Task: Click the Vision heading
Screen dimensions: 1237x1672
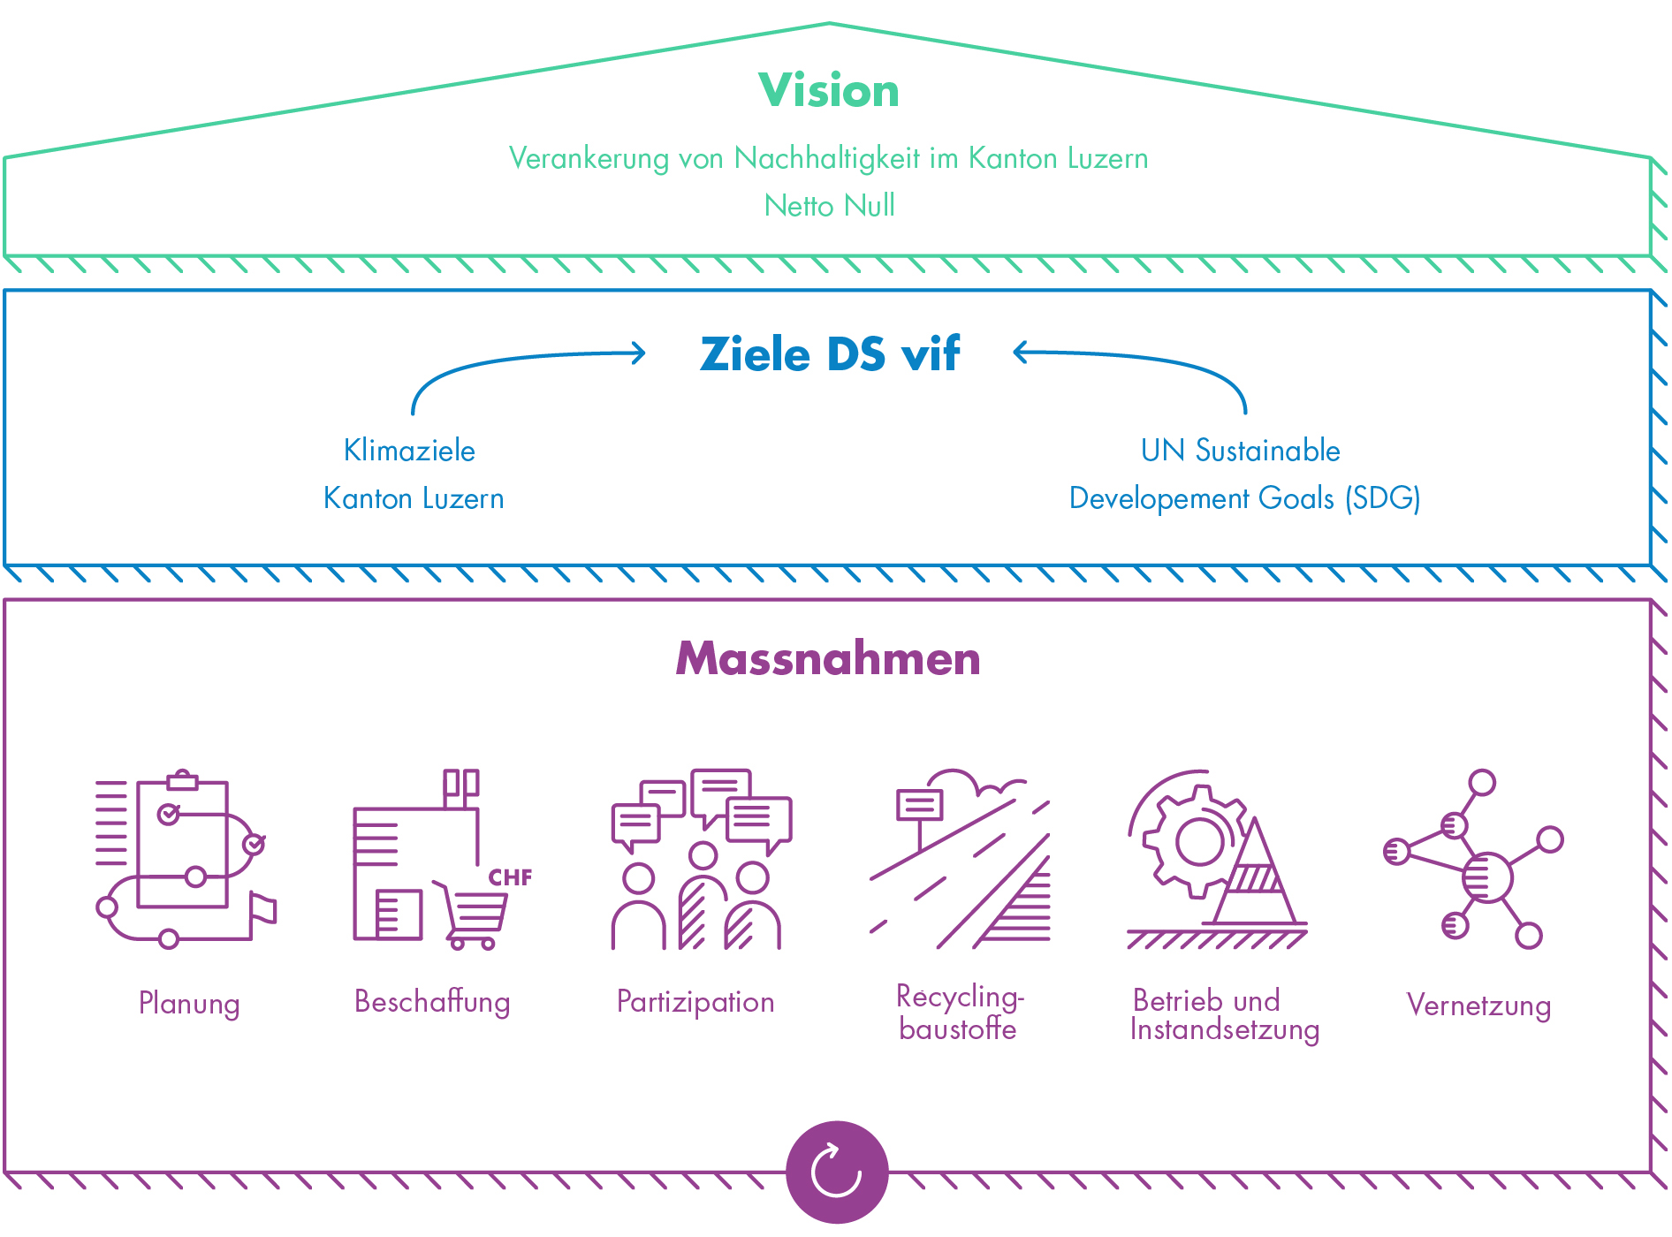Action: click(829, 90)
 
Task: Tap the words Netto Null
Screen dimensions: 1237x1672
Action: click(829, 206)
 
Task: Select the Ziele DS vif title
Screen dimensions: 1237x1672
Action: click(829, 354)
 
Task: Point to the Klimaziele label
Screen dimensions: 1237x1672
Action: click(409, 451)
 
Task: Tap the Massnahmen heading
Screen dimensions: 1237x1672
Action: click(828, 659)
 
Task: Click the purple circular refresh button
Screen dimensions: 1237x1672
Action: click(836, 1172)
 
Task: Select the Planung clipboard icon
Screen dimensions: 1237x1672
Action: click(182, 844)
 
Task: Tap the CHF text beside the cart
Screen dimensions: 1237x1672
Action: click(510, 877)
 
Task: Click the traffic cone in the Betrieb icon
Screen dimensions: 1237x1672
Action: click(1256, 879)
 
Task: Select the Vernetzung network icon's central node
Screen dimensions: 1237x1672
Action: click(1486, 877)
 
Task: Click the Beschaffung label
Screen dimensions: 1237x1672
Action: click(432, 1002)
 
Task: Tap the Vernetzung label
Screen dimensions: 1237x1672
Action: click(1478, 1006)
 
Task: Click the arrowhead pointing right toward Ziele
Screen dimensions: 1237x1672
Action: click(637, 353)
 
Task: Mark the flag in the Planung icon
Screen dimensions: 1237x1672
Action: click(262, 910)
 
